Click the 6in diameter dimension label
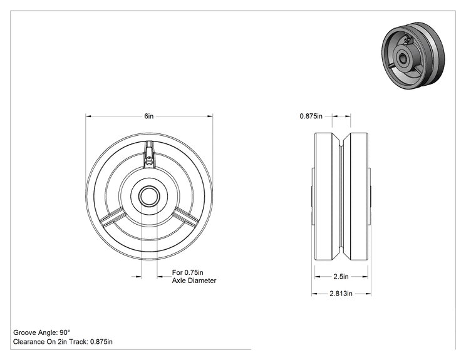click(149, 116)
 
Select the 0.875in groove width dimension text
click(311, 116)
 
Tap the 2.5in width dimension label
click(341, 277)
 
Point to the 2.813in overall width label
click(341, 294)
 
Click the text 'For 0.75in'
click(187, 272)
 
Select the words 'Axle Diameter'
click(194, 280)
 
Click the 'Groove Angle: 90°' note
click(42, 332)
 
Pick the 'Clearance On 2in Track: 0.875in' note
click(63, 342)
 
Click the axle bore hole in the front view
click(149, 196)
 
